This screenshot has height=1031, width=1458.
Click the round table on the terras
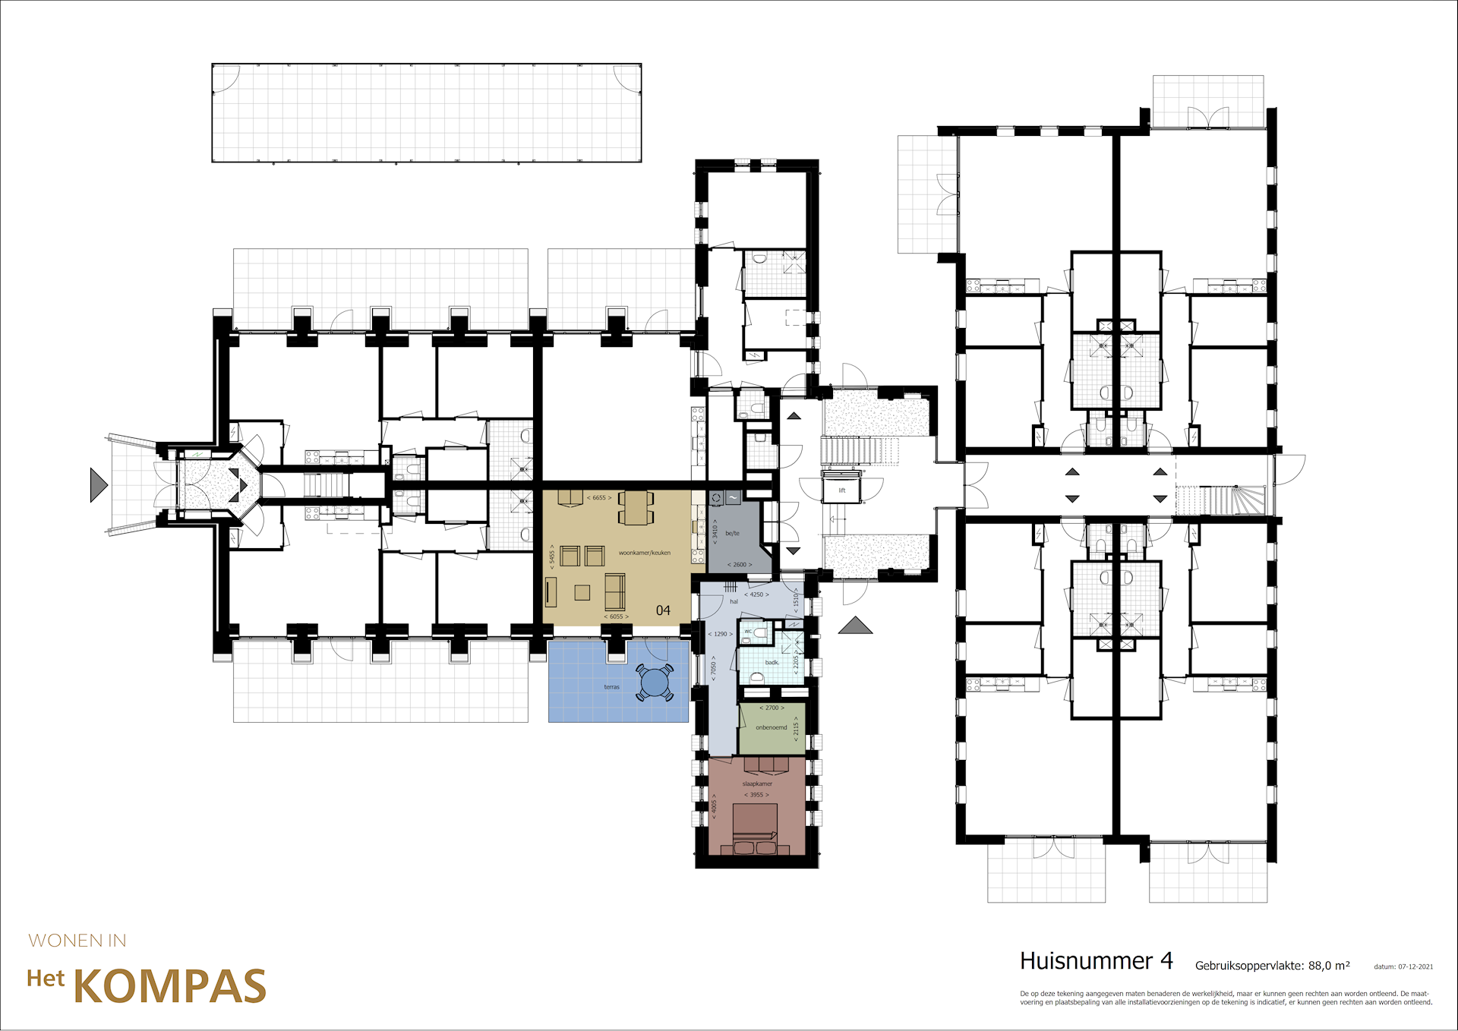[x=655, y=683]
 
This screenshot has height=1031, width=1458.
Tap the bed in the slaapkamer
[x=755, y=828]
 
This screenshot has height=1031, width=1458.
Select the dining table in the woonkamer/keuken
[x=636, y=508]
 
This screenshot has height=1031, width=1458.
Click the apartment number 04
[x=663, y=610]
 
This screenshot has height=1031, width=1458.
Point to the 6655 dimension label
[x=598, y=498]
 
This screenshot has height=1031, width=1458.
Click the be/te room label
[x=732, y=533]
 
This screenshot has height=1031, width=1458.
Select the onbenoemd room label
[x=771, y=727]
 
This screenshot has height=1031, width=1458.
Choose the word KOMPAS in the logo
[x=169, y=987]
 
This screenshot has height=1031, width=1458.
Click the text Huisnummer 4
[x=1096, y=961]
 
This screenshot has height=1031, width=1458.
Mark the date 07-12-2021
[x=1415, y=966]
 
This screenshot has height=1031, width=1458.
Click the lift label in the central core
[x=841, y=490]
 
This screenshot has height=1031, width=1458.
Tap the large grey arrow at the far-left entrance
[x=97, y=484]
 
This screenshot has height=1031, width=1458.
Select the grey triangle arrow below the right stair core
[x=855, y=626]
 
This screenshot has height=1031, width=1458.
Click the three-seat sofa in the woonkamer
[x=614, y=591]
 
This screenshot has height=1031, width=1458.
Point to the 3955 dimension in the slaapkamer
[x=756, y=795]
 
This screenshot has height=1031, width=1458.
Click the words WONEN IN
[x=77, y=941]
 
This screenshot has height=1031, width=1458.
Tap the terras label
[x=611, y=687]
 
